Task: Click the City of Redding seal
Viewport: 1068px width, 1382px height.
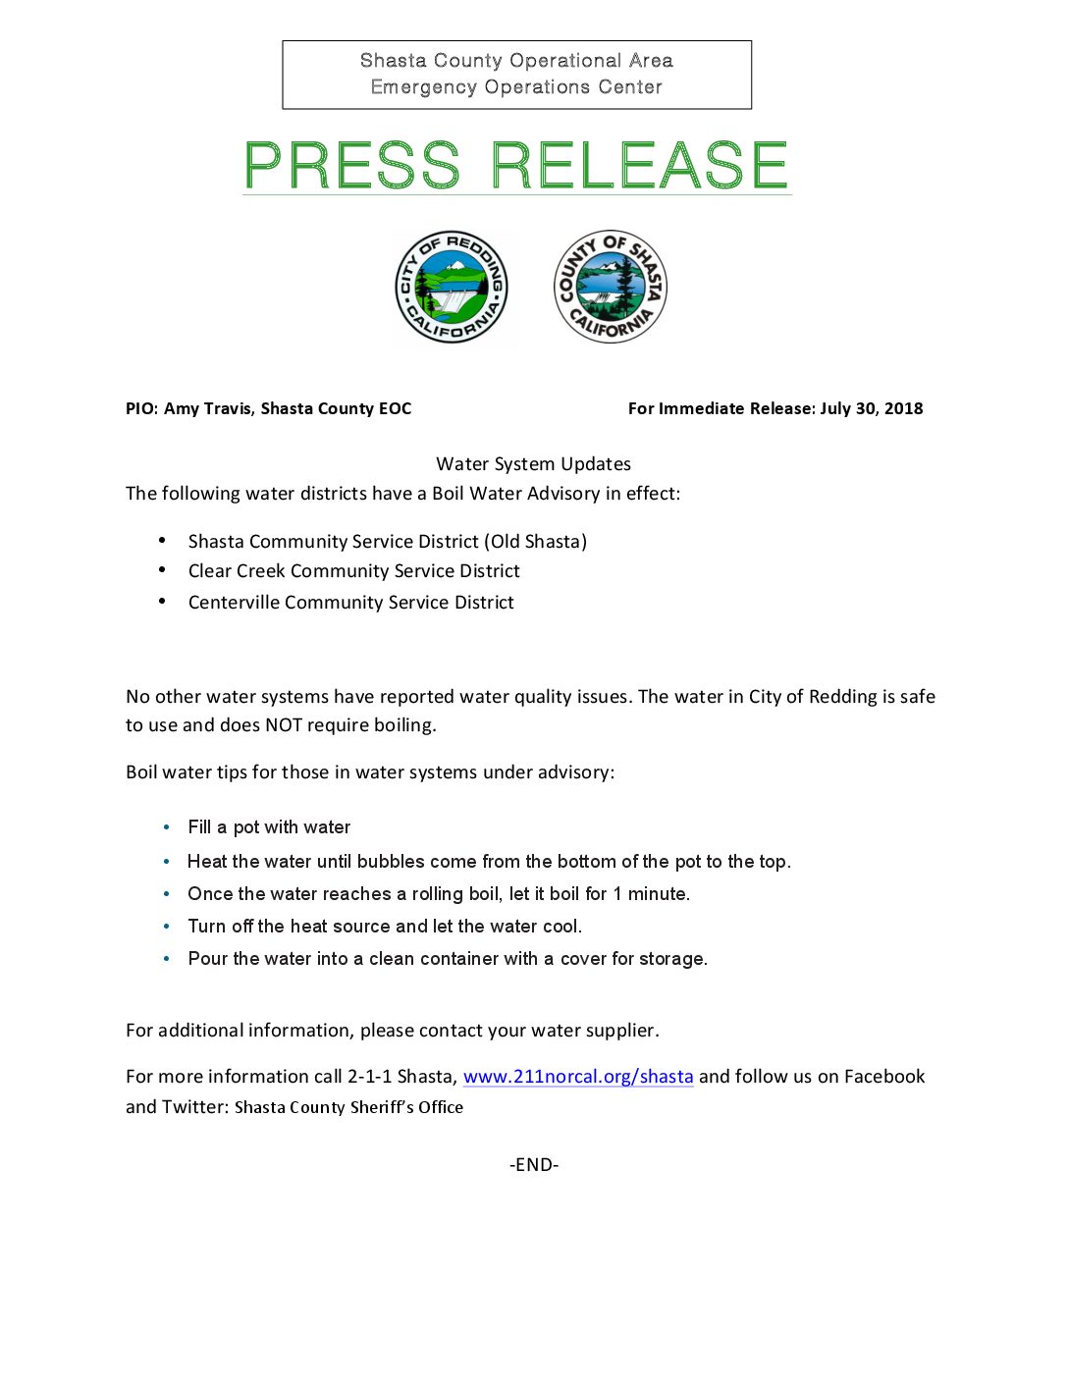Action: point(452,288)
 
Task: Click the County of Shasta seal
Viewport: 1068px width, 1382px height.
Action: point(610,287)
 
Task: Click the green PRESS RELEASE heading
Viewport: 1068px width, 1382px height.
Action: point(516,165)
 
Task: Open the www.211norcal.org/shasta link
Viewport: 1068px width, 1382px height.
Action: point(577,1077)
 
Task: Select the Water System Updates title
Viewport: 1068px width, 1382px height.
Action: point(533,464)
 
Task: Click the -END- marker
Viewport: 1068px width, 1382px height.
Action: point(534,1165)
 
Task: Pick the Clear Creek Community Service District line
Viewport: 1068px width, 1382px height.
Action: point(353,571)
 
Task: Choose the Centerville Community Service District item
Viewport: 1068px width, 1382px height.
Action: point(350,603)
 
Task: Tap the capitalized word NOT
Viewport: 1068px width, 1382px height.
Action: point(284,725)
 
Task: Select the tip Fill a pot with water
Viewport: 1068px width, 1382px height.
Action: point(269,827)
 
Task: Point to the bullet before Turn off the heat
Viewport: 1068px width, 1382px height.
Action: point(167,927)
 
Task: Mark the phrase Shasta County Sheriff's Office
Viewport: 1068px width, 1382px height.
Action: point(348,1107)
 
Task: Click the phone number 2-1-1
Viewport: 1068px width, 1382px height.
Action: point(369,1077)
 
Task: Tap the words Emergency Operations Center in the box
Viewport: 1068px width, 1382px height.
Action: point(516,87)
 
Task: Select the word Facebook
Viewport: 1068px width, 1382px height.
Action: point(883,1077)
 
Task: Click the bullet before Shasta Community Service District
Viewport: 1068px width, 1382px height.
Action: point(162,541)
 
